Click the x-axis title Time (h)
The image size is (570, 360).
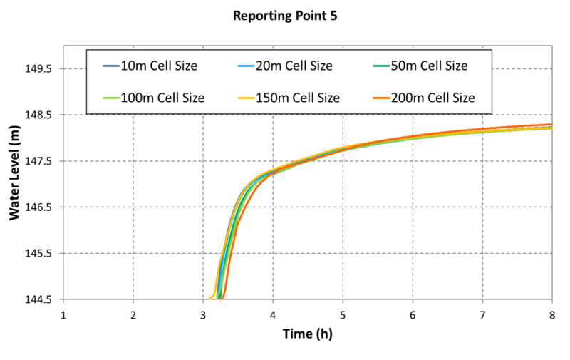(x=307, y=334)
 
